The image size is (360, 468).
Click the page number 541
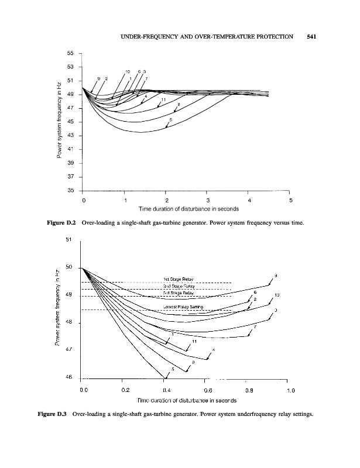point(311,37)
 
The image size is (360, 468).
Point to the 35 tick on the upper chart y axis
point(71,190)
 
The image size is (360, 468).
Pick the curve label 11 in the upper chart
point(162,100)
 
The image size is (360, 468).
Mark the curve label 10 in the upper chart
point(128,71)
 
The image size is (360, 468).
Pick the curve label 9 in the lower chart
point(276,276)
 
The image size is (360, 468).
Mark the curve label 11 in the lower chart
point(194,340)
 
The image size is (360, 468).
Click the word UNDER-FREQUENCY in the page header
point(149,37)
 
